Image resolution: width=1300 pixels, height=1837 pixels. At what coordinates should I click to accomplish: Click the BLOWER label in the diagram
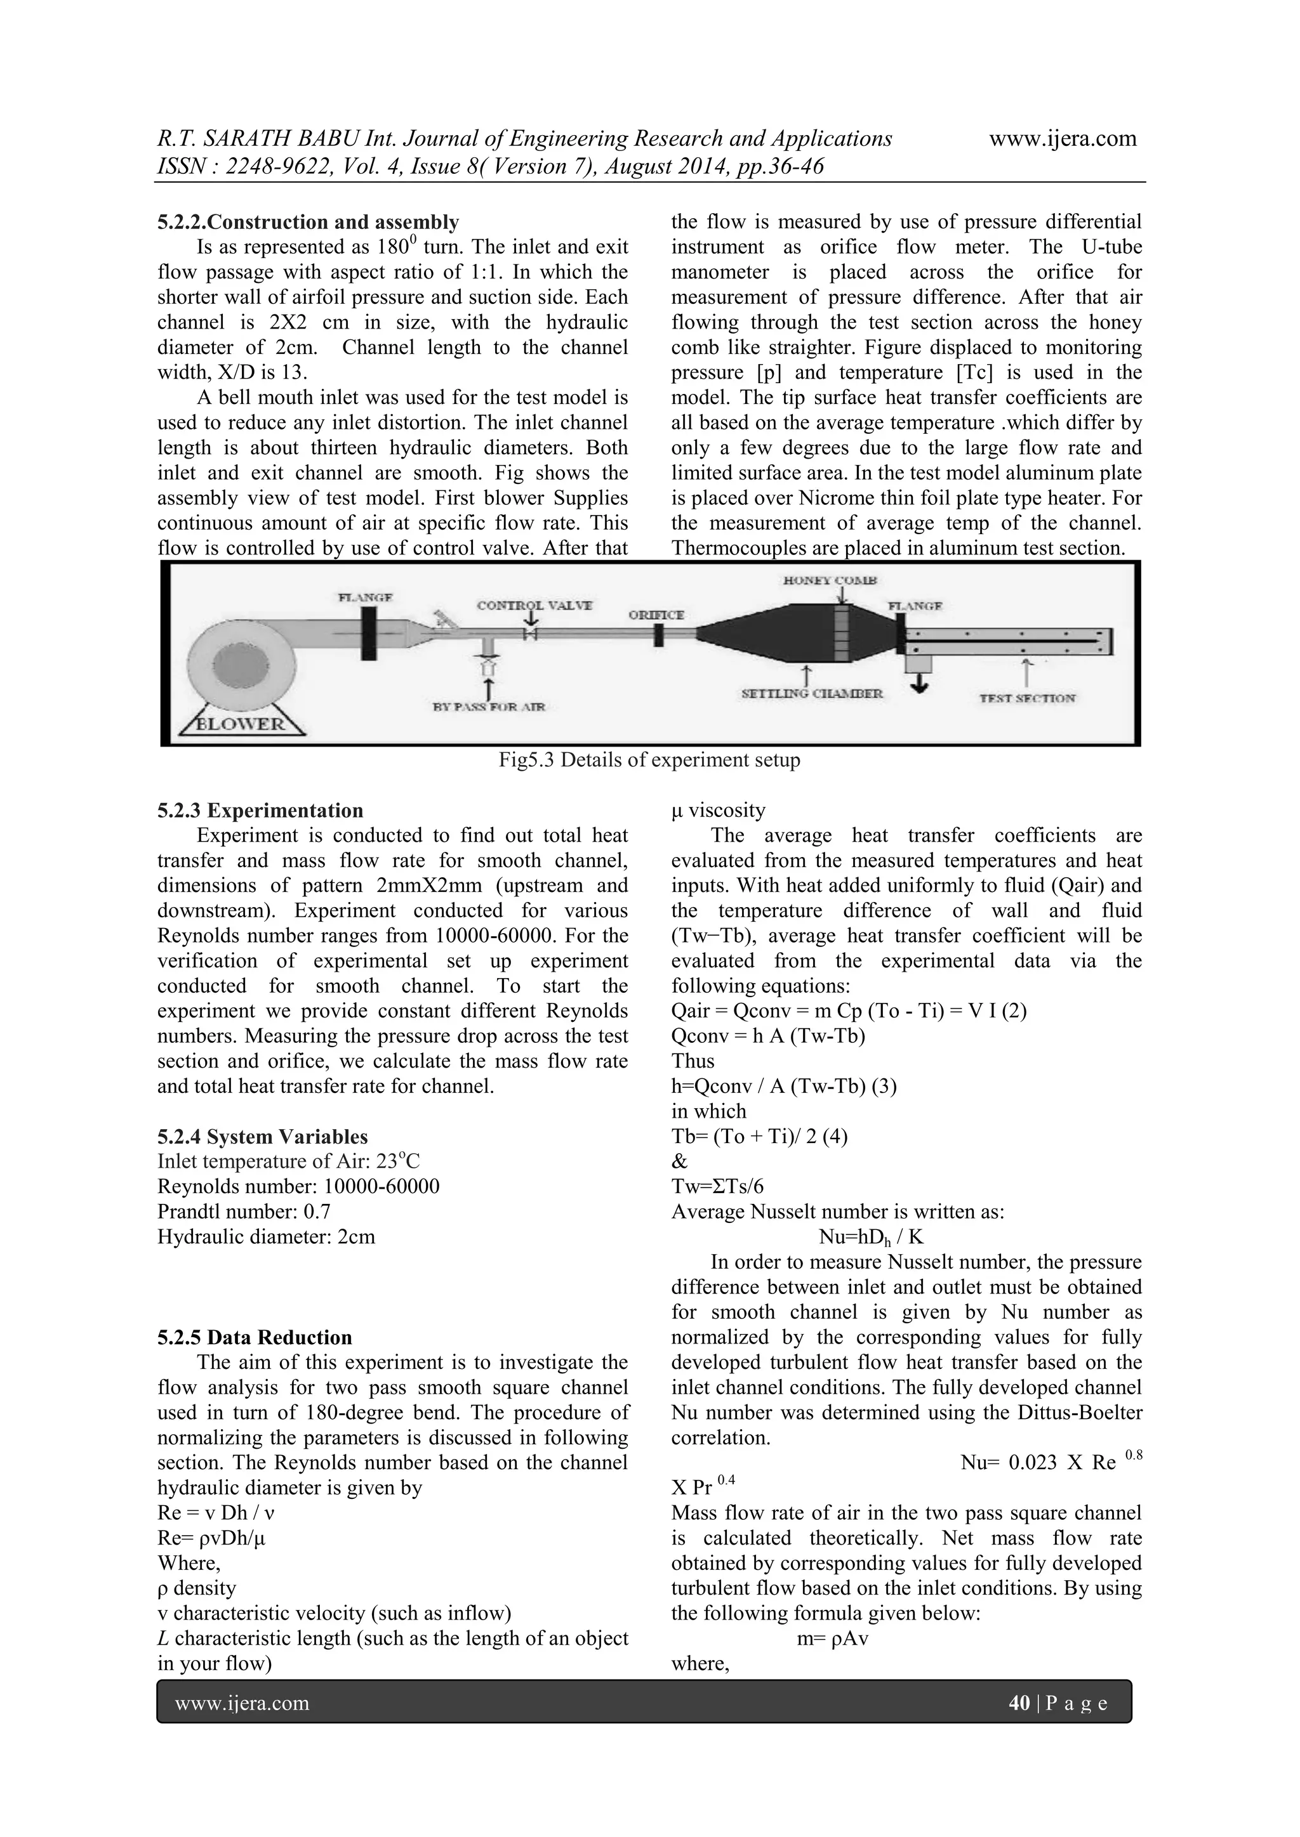240,724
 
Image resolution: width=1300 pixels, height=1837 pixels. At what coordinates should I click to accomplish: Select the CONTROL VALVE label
534,606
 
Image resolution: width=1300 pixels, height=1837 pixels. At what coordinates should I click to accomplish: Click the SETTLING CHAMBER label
812,694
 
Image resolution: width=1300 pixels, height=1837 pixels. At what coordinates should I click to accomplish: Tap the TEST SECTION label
1028,698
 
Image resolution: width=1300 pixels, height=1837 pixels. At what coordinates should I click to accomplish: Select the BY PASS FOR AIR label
489,707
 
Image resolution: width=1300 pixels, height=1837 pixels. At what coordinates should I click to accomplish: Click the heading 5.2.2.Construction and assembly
308,221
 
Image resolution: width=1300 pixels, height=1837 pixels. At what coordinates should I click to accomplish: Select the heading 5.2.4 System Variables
263,1137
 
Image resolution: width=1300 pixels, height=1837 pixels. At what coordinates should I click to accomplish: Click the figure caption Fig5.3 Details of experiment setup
649,760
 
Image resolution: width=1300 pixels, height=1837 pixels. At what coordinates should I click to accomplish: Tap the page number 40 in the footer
1019,1703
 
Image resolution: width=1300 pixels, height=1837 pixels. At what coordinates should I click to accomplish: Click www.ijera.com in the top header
1062,138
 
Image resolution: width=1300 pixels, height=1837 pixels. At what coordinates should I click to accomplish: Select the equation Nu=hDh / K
871,1238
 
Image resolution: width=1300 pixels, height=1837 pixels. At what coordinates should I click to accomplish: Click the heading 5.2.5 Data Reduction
255,1338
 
